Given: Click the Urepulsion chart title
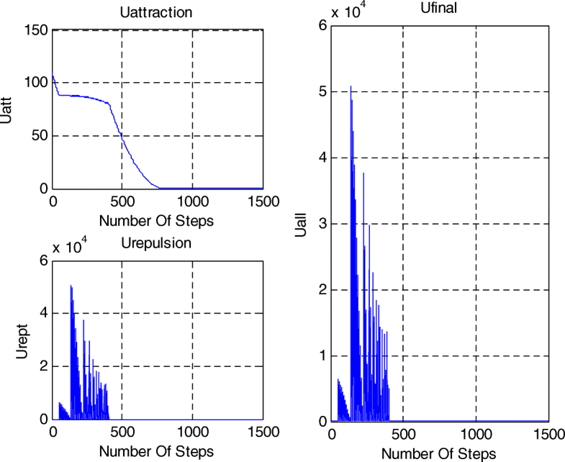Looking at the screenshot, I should (x=157, y=243).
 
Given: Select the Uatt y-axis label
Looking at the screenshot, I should (x=7, y=109).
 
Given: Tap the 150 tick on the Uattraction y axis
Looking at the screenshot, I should (x=37, y=30).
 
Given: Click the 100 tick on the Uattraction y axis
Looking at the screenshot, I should (x=37, y=83).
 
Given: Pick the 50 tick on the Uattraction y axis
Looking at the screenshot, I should (x=40, y=136).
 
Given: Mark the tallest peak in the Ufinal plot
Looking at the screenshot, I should (x=351, y=87).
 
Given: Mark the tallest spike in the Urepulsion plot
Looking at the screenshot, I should (x=71, y=286).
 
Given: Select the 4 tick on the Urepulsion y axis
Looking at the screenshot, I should (x=44, y=313).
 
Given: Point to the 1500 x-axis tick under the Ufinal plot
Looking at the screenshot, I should (x=548, y=435).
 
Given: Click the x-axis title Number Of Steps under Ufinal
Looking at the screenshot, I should (x=438, y=453).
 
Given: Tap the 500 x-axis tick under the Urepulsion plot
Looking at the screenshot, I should (x=122, y=432).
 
